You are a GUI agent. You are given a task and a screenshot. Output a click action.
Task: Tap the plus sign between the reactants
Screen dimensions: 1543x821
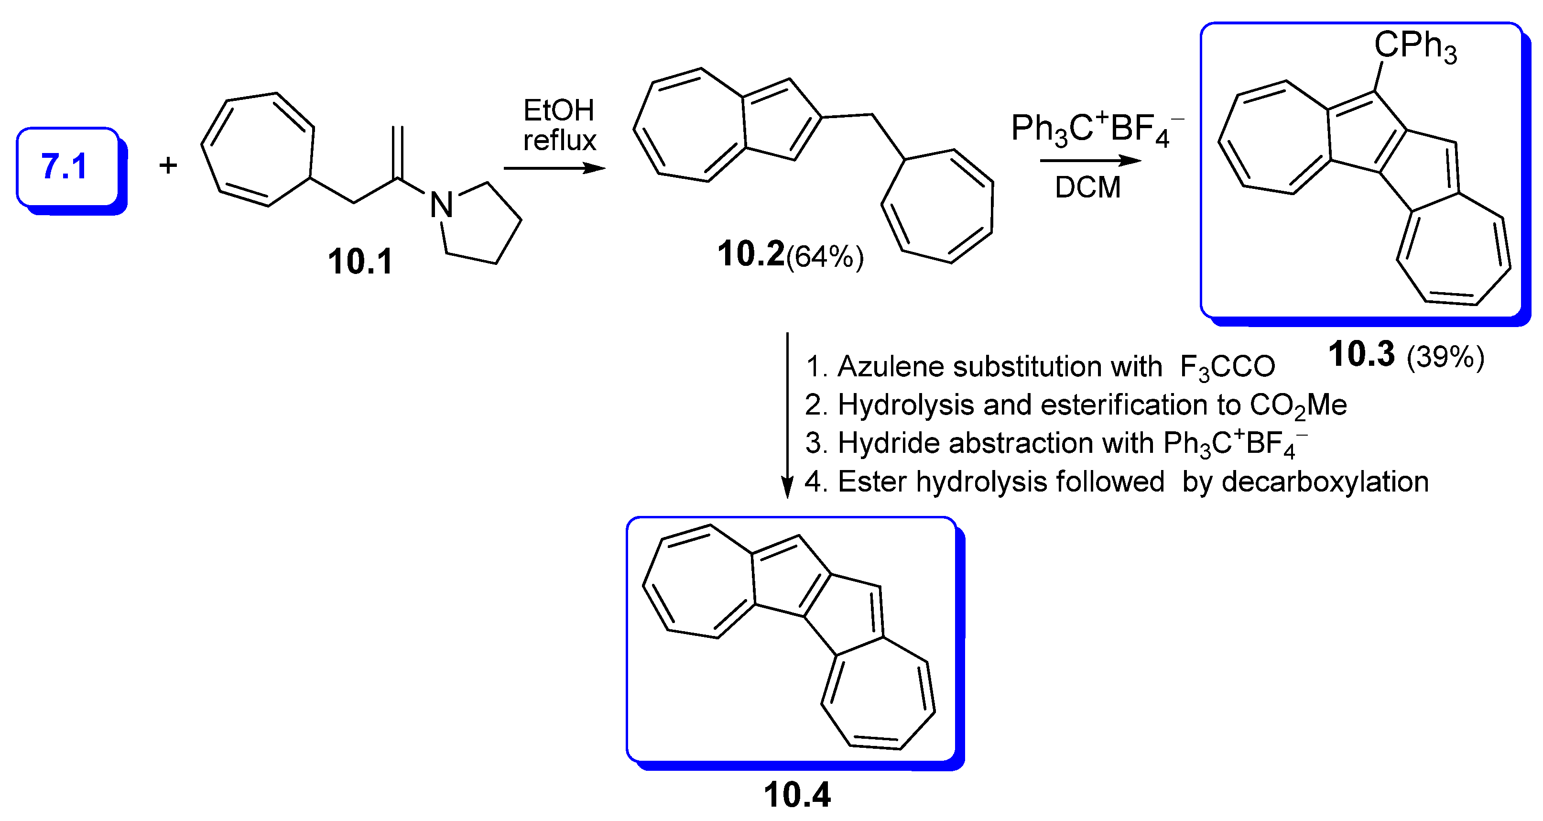coord(168,165)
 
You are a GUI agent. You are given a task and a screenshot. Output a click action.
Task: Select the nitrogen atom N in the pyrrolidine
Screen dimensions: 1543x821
coord(442,205)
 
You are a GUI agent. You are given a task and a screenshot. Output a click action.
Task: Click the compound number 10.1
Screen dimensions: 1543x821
coord(360,262)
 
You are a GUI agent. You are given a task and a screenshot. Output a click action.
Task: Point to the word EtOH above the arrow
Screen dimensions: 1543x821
coord(558,110)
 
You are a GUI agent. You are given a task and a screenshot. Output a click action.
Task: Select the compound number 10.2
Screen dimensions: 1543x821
coord(750,253)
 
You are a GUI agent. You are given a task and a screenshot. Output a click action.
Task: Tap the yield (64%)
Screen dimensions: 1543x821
coord(825,256)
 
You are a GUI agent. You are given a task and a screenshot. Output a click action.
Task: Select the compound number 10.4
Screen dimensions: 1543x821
coord(797,795)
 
